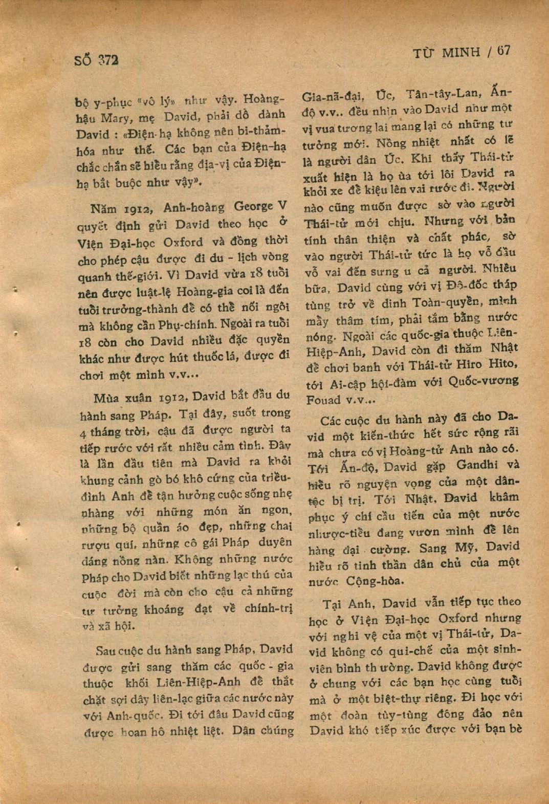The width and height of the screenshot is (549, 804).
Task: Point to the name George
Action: coord(253,207)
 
